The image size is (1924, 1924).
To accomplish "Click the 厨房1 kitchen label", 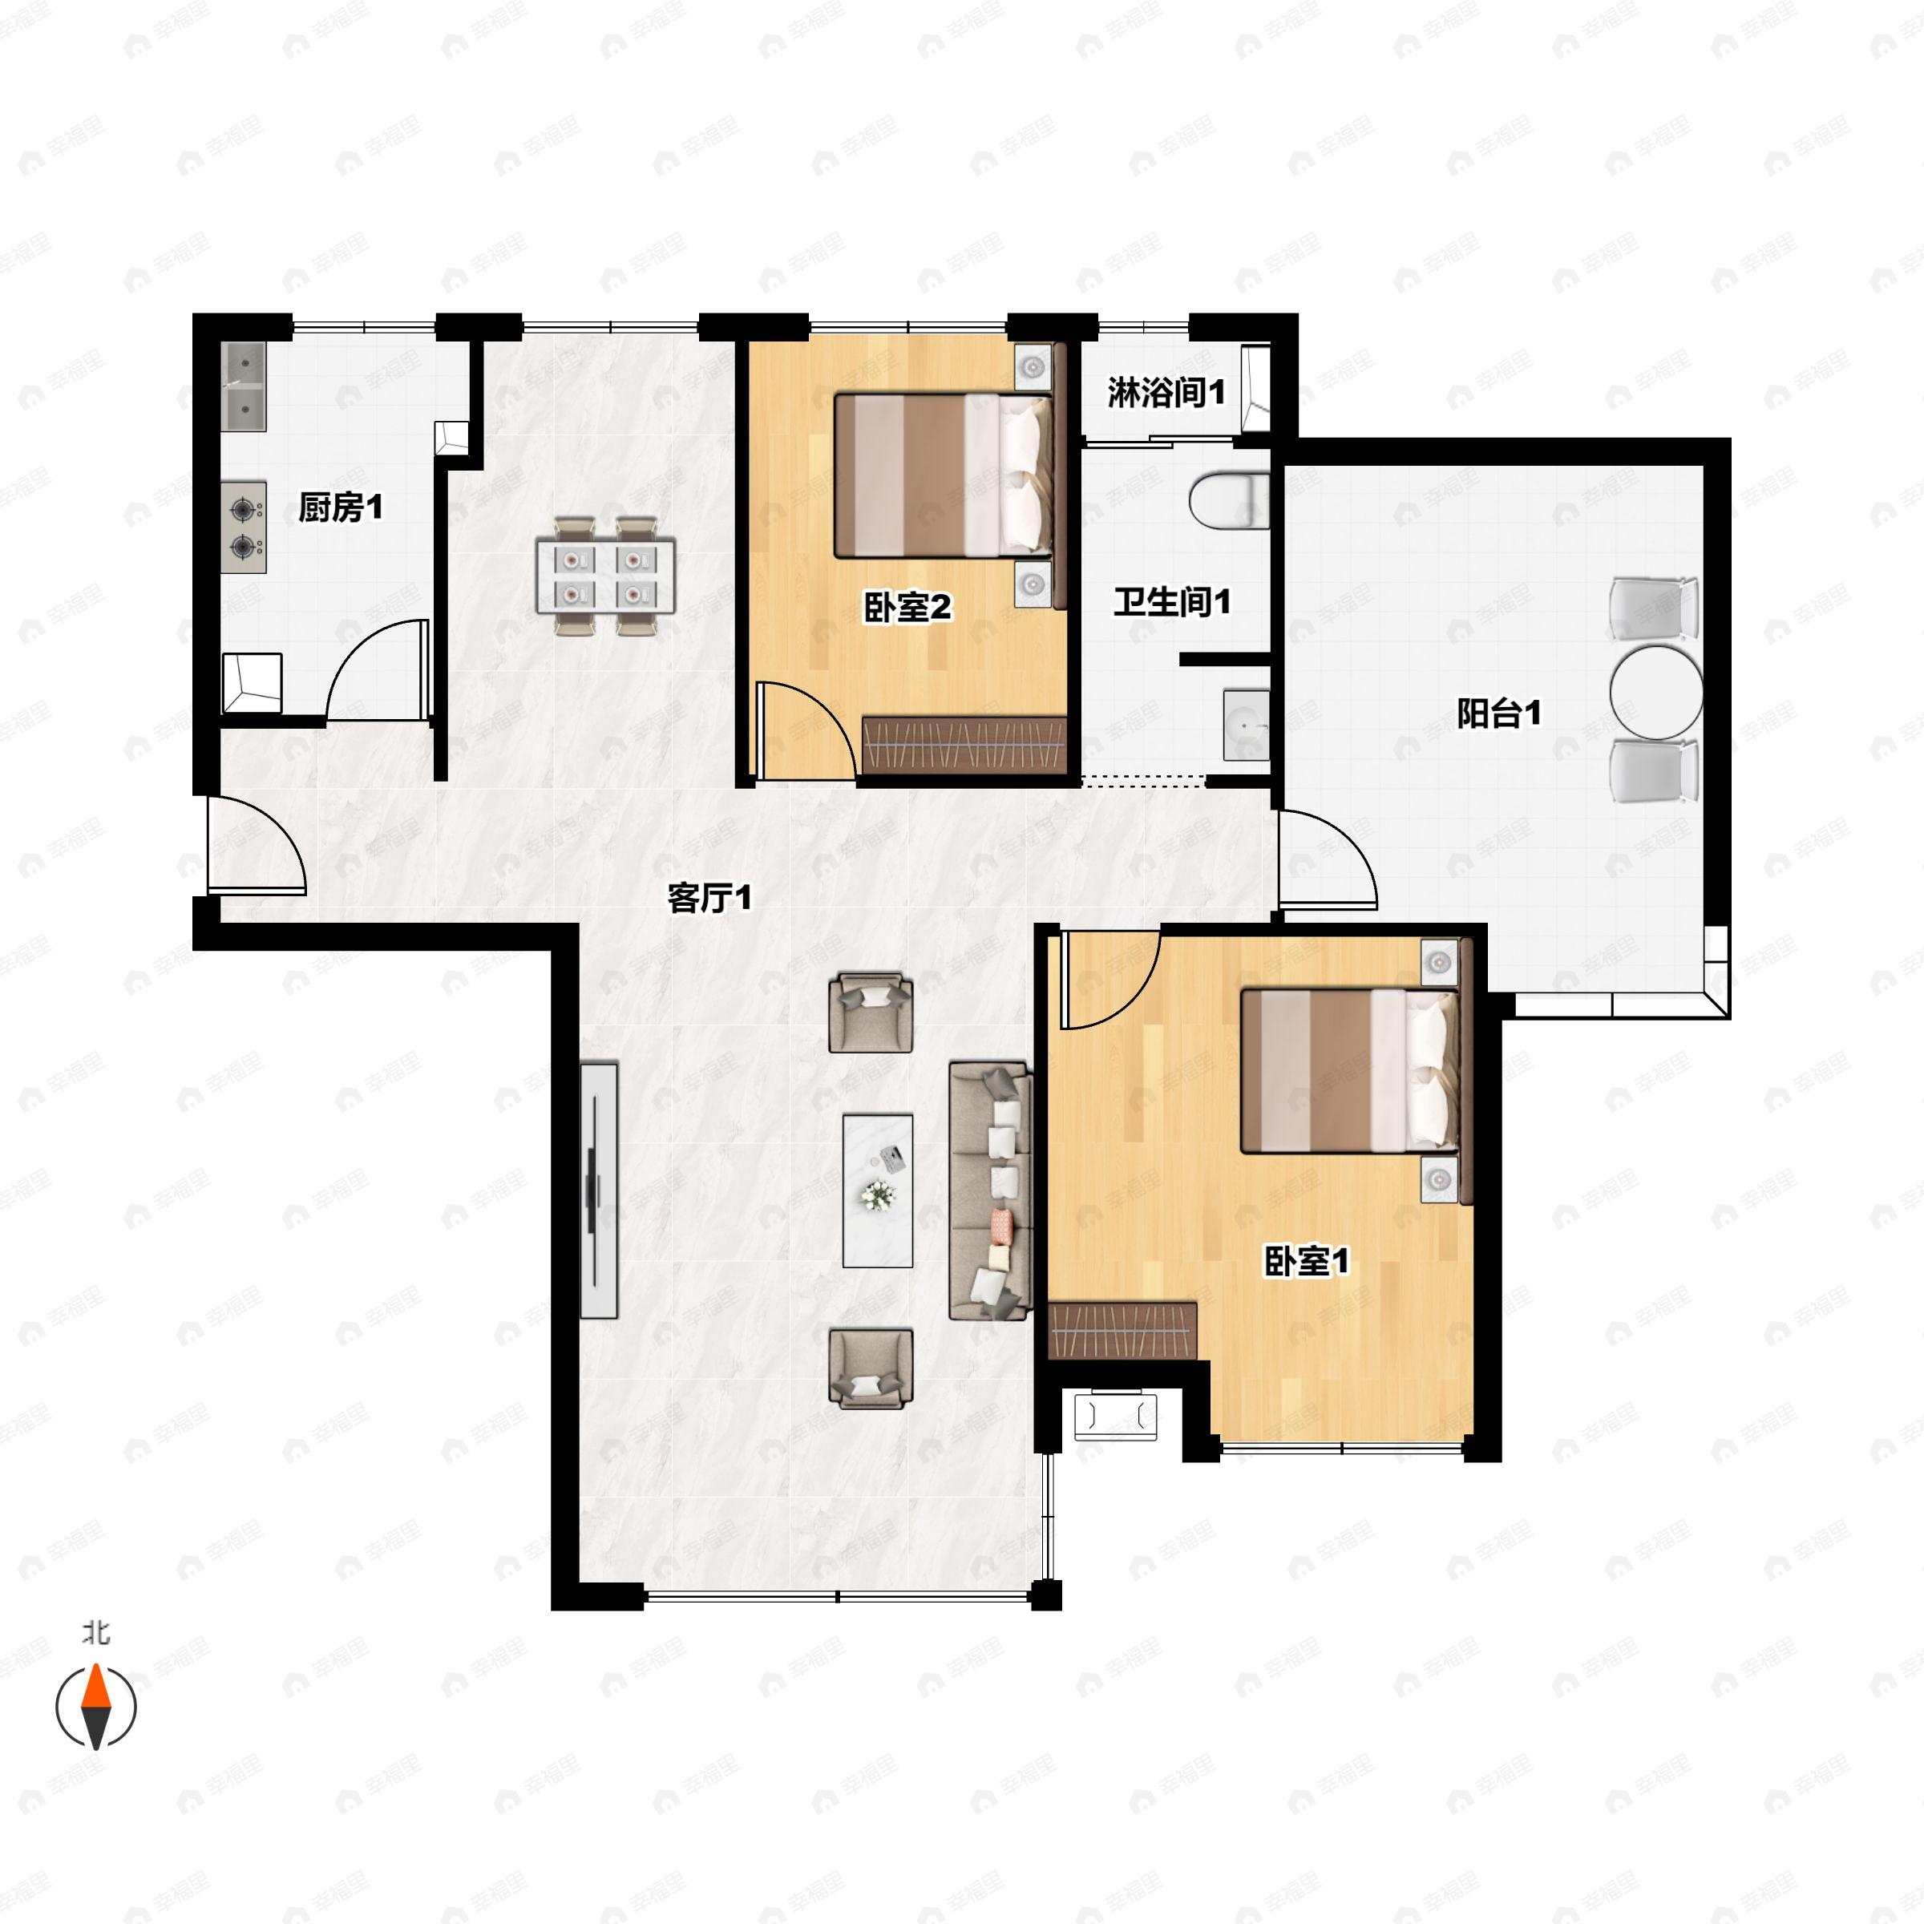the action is [340, 508].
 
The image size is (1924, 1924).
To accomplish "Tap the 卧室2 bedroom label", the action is [907, 607].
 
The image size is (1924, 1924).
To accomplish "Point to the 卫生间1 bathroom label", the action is [1172, 601].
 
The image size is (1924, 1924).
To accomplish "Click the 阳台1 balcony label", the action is [1499, 713].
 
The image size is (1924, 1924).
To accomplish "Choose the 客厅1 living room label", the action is [709, 898].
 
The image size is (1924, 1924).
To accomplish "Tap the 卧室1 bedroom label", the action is [1307, 1262].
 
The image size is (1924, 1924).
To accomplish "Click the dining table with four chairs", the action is [605, 575].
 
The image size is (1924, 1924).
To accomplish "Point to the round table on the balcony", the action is [1655, 691].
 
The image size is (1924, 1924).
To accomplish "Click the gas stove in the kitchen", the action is [244, 527].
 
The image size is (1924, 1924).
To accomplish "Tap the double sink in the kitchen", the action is [244, 386].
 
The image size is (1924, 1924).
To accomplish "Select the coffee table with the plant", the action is [877, 1190].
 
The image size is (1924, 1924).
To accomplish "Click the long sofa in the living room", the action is [989, 1191].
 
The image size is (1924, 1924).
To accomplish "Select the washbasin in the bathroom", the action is [1247, 725].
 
